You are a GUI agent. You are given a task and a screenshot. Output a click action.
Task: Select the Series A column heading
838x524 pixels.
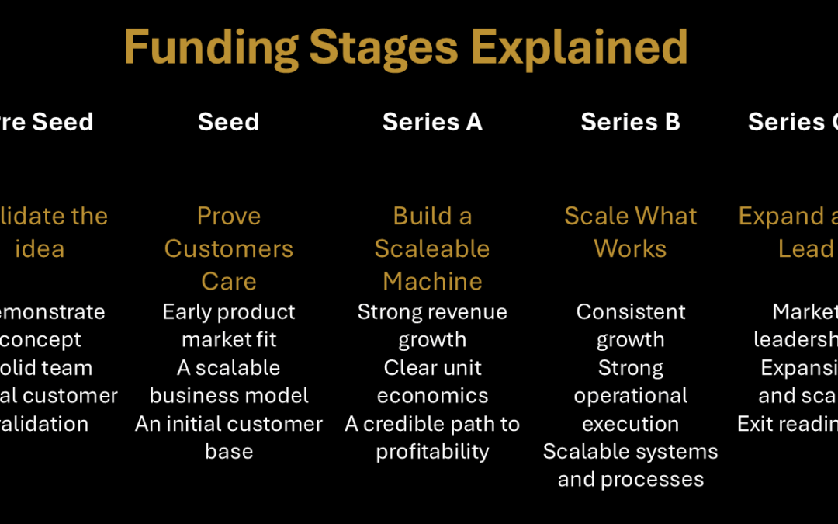coord(432,122)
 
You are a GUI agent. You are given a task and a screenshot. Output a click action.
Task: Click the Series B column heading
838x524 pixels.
coord(630,122)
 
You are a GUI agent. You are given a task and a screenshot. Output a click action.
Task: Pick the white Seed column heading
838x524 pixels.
coord(228,122)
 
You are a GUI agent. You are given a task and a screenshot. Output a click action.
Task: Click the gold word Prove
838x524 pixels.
coord(229,216)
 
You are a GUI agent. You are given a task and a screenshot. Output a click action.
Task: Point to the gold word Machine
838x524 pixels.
coord(432,281)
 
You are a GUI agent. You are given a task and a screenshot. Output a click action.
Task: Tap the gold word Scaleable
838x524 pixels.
coord(432,248)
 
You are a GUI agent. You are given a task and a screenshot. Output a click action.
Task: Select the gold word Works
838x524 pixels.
coord(630,248)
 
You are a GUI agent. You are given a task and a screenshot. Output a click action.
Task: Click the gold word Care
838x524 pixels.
coord(229,281)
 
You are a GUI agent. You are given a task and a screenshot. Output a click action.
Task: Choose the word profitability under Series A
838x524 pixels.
coord(432,452)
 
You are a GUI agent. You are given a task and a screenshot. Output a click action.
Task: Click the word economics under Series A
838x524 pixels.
coord(432,396)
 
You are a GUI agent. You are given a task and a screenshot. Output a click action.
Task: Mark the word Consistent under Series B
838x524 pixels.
coord(631,312)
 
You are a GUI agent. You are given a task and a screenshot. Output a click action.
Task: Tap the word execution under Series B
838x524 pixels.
coord(630,424)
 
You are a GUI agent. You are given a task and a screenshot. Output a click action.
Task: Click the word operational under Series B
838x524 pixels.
coord(630,396)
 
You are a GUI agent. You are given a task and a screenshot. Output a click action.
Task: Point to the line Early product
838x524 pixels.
coord(229,312)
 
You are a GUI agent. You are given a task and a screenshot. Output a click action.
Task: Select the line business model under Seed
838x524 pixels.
coord(229,396)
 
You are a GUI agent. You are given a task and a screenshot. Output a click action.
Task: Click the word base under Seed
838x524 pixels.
coord(229,452)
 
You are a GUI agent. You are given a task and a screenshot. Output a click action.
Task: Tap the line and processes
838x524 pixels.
coord(630,480)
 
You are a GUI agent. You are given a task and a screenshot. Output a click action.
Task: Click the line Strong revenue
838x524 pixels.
coord(432,312)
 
